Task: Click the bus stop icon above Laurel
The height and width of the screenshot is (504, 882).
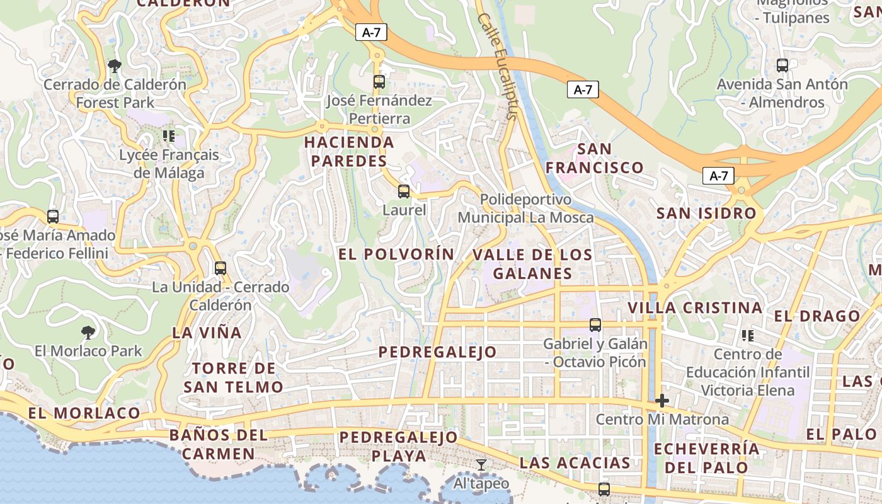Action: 404,192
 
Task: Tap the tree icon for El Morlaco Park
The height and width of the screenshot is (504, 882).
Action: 88,332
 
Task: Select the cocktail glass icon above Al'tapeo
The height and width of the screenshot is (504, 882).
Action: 481,465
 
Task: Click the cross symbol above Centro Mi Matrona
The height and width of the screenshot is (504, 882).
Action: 661,401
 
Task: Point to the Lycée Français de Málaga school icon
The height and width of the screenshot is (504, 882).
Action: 168,135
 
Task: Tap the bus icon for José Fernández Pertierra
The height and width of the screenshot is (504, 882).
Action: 379,82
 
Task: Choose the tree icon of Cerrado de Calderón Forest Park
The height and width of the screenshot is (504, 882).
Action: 115,66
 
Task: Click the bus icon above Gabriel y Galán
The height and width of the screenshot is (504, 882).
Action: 595,325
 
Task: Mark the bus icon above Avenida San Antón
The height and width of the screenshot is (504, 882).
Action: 782,66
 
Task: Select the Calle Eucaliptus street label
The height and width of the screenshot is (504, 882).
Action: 497,66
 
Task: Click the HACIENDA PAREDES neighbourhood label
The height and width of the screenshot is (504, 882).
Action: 349,152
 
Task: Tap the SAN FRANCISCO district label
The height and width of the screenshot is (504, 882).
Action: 594,158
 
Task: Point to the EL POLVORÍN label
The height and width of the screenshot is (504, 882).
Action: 396,255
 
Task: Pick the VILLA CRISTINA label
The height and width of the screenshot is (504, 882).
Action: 695,308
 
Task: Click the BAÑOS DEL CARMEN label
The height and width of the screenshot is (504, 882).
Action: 219,444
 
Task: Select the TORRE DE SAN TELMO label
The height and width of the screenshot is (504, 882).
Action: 233,377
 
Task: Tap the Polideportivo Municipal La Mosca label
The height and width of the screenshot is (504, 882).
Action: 525,209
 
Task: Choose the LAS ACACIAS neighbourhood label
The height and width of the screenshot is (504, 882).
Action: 575,463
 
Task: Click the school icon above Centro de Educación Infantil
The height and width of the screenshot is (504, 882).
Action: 748,335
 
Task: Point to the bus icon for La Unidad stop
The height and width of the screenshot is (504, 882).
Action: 220,268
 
